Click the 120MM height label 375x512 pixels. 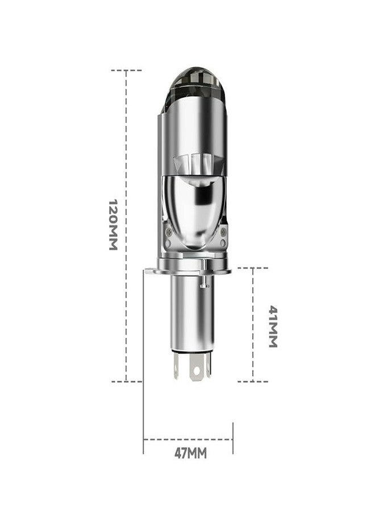click(113, 225)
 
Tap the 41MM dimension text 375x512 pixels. click(273, 327)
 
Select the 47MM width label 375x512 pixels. click(190, 453)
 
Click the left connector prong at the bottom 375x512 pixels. click(176, 366)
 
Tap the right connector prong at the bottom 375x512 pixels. click(209, 365)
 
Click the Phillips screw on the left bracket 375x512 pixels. click(169, 232)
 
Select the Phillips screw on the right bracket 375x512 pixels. click(223, 232)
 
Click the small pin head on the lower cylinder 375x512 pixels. click(205, 286)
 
